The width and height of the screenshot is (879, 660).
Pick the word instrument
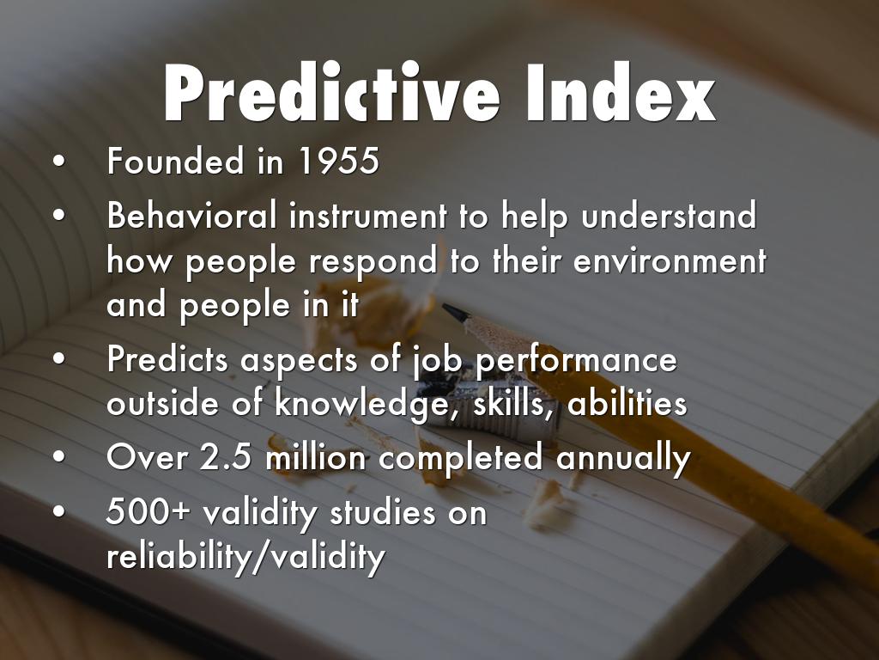tap(367, 216)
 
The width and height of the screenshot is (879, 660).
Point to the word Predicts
tap(167, 359)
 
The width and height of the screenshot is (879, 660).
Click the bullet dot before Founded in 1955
tap(58, 162)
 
